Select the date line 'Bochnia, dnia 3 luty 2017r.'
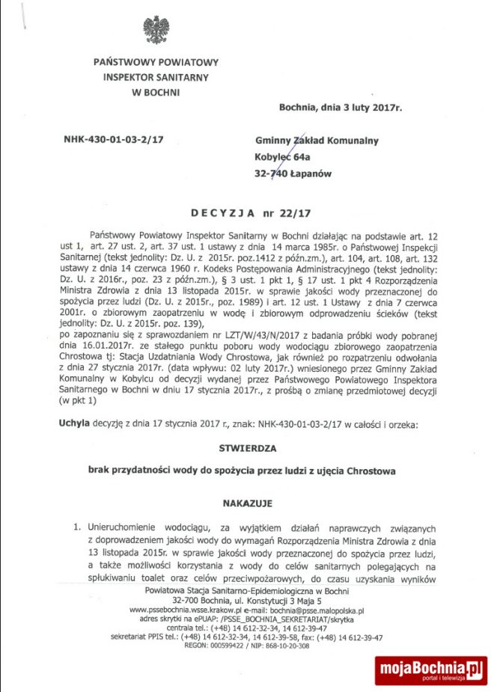tap(340, 108)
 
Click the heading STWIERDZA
tap(246, 449)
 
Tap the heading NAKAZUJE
tap(246, 503)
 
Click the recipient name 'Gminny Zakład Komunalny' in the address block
tap(317, 141)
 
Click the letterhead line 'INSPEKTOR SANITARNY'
tap(156, 77)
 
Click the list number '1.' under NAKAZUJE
tap(76, 527)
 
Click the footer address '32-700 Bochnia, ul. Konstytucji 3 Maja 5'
tap(246, 601)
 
